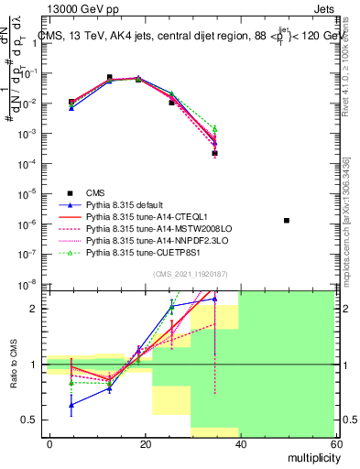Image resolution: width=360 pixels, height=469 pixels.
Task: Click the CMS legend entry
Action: click(x=95, y=192)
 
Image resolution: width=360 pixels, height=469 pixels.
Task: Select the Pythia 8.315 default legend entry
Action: click(x=125, y=204)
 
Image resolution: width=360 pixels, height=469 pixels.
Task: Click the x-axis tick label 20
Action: click(x=145, y=442)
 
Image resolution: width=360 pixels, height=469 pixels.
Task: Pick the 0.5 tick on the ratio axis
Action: click(x=33, y=420)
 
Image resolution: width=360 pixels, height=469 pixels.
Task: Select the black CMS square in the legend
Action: click(x=70, y=192)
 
